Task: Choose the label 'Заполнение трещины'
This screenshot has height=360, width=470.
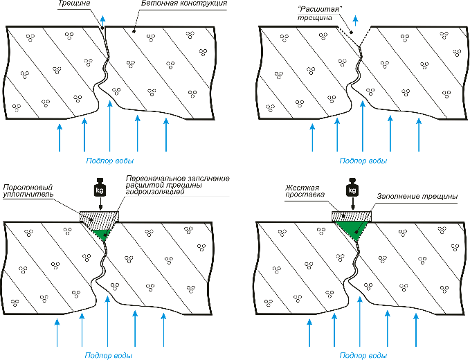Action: [x=417, y=196]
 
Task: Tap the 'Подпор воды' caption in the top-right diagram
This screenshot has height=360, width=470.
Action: [x=363, y=160]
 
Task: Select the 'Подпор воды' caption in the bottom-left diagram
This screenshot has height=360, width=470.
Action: [x=108, y=355]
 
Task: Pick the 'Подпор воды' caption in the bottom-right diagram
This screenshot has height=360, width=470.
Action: [x=363, y=355]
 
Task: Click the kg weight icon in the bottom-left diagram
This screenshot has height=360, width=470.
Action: [x=99, y=188]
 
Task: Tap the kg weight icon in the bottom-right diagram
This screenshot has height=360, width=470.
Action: [x=353, y=188]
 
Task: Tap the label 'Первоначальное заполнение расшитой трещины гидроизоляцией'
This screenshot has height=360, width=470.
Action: [x=177, y=184]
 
